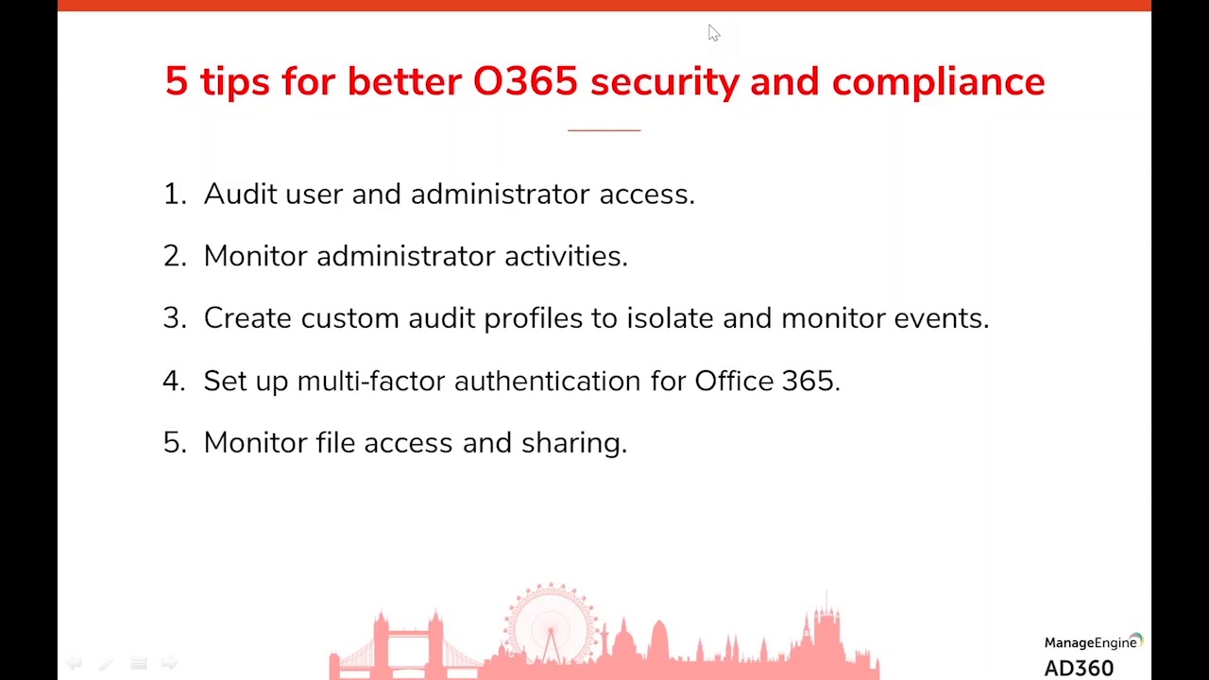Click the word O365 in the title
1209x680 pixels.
[524, 81]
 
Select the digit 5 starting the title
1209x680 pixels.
[176, 82]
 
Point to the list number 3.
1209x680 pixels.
[174, 318]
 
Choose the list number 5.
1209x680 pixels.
[174, 443]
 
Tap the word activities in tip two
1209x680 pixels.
[565, 256]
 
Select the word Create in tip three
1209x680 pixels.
[247, 318]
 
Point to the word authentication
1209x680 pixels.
[547, 381]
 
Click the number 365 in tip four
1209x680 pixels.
[809, 381]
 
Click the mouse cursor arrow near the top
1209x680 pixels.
[713, 33]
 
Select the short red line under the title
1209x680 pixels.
[604, 130]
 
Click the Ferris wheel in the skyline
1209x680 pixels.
[551, 623]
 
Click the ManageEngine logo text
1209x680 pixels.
[1089, 643]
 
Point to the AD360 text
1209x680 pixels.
[1079, 669]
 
